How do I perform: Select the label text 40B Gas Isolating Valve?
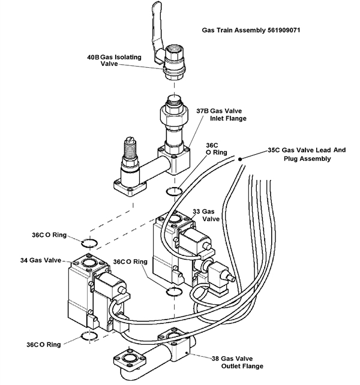click(x=119, y=61)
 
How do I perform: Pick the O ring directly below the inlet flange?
click(x=172, y=191)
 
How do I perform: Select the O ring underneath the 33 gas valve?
click(x=173, y=291)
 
